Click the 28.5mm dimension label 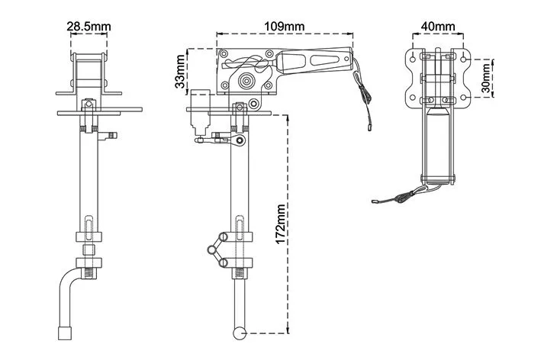tap(89, 27)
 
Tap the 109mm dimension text tap(285, 27)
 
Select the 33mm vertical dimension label tap(180, 72)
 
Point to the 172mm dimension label tap(281, 224)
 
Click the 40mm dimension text tap(438, 27)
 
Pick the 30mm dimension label tap(486, 79)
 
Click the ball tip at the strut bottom tap(240, 333)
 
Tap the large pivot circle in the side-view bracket tap(246, 81)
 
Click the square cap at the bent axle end tap(65, 333)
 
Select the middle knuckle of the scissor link tap(211, 249)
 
